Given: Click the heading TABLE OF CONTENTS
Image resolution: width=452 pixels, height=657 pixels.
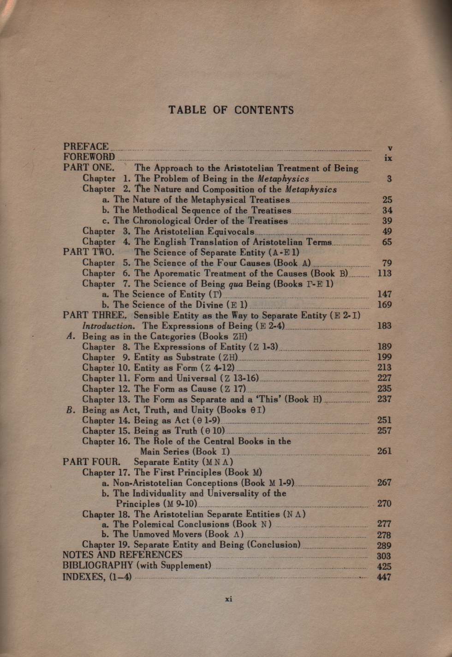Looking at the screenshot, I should [231, 110].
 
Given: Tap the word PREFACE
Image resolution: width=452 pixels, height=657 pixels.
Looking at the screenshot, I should [86, 147].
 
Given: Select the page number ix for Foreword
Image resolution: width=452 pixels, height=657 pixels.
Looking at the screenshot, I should [388, 158].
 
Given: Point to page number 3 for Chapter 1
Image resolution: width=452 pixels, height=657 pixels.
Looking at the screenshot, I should [389, 179].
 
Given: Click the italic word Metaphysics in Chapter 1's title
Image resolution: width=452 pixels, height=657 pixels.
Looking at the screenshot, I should [283, 179].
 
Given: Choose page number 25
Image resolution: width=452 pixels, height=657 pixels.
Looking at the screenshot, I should [387, 200].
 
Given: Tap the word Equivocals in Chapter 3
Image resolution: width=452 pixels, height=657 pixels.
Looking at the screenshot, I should [231, 231].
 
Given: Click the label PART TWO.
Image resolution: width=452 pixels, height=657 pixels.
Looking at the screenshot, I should [89, 252].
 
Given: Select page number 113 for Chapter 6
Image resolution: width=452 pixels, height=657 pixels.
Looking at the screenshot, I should [384, 273].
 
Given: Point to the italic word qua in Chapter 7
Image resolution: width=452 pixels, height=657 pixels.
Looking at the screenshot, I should [236, 284].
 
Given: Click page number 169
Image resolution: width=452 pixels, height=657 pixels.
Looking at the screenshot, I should [384, 305].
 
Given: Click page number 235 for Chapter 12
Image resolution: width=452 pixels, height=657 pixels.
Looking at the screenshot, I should [384, 389].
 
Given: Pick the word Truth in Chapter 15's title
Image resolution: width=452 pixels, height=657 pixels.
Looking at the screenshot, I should [186, 431].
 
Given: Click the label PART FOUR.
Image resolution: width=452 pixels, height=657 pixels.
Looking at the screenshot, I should [91, 462].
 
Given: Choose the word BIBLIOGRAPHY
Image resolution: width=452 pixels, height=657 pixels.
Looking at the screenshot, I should [98, 566].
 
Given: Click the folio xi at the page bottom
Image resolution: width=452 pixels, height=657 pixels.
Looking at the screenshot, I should [228, 599].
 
